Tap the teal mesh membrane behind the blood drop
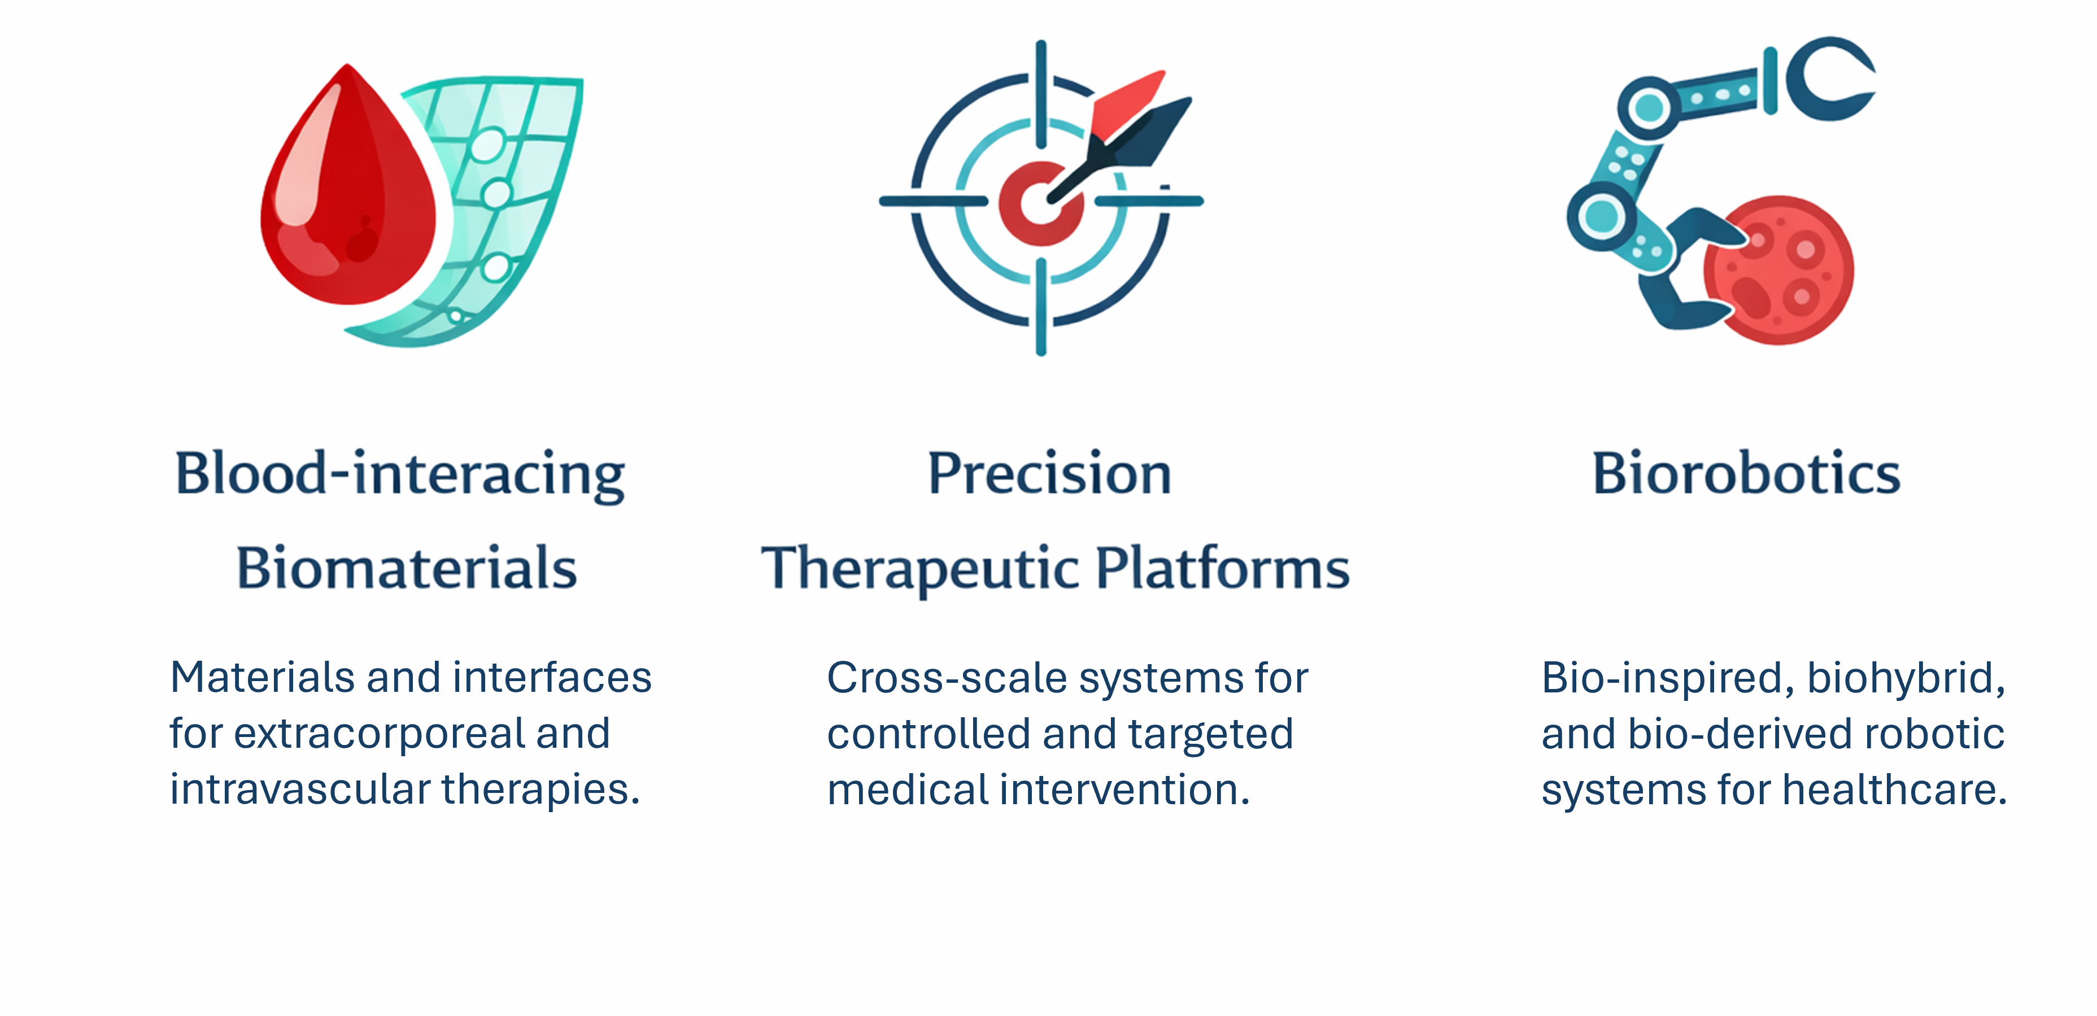click(x=505, y=203)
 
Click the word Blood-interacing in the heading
click(x=400, y=474)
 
